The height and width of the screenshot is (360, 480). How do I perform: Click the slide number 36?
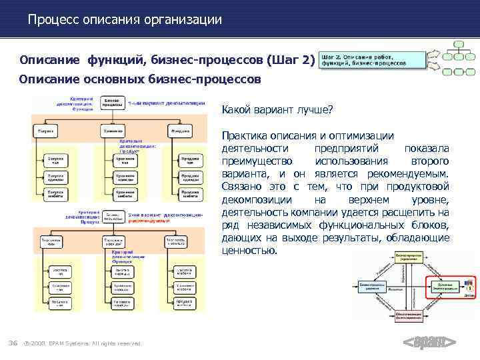click(x=13, y=343)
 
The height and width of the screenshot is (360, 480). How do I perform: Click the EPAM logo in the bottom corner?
click(x=430, y=343)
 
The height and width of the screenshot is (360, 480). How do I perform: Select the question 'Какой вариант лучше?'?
click(x=277, y=109)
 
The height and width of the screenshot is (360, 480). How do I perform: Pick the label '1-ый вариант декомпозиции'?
click(x=157, y=103)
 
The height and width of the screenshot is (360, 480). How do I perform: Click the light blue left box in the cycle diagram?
click(x=373, y=285)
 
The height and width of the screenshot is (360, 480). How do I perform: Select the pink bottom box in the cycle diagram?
click(x=407, y=313)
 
